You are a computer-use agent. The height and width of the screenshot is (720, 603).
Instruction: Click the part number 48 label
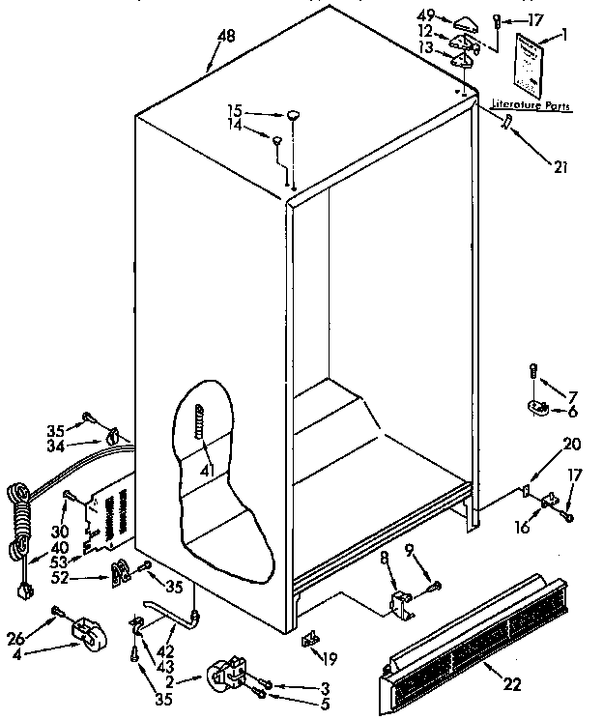(x=226, y=38)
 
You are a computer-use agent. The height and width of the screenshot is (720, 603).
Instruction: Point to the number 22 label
(x=513, y=685)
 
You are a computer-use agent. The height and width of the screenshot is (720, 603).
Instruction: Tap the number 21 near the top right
(x=560, y=166)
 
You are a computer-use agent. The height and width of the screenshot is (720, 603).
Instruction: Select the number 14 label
(x=235, y=126)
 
